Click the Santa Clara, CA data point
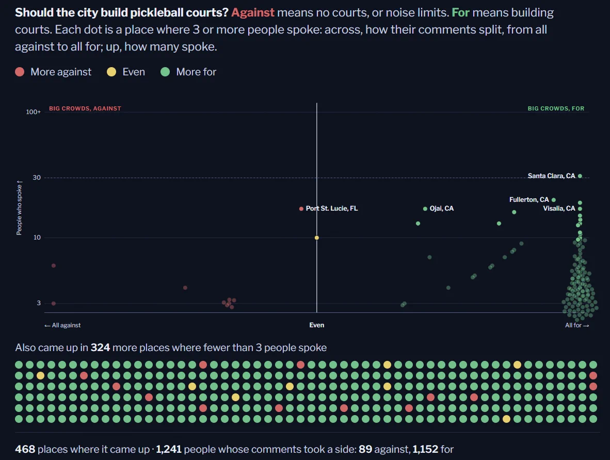coord(580,176)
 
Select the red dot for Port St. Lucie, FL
coord(301,209)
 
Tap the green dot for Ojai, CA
coord(425,209)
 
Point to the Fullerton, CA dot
coord(554,200)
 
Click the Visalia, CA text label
coord(559,209)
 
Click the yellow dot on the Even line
coord(317,237)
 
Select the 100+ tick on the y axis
coord(34,112)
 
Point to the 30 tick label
coord(37,178)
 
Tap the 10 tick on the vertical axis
coord(37,237)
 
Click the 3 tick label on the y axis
coord(39,303)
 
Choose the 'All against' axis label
coord(62,325)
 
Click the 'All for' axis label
coord(577,325)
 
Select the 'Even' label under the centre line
coord(317,325)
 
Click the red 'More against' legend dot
coord(20,72)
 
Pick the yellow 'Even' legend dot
coord(111,72)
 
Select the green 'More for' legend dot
coord(165,72)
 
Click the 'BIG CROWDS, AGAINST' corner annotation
coord(85,108)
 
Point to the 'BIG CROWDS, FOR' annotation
coord(556,108)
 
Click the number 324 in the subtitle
coord(100,347)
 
